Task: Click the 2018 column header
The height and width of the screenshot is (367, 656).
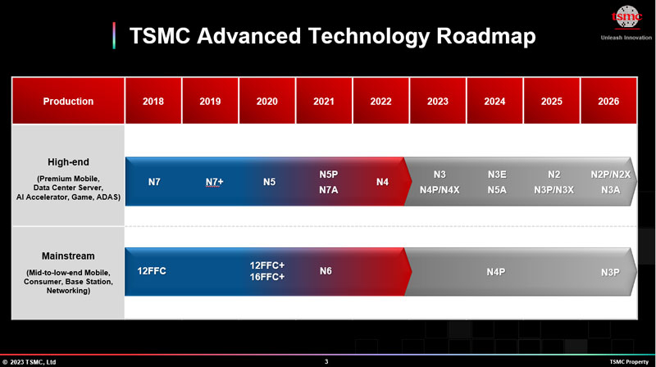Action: pyautogui.click(x=153, y=102)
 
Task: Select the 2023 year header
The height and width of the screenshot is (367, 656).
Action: pyautogui.click(x=438, y=102)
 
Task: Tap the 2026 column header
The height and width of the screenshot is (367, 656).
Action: pyautogui.click(x=608, y=102)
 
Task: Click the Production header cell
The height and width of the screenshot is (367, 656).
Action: pyautogui.click(x=68, y=102)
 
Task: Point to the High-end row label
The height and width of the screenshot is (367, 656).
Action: pyautogui.click(x=68, y=161)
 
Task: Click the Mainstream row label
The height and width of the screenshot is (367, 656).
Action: pyautogui.click(x=68, y=255)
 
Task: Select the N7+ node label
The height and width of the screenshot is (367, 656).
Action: pyautogui.click(x=214, y=182)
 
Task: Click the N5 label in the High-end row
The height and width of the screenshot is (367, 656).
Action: pyautogui.click(x=269, y=182)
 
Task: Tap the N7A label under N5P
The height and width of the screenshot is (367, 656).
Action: pyautogui.click(x=328, y=189)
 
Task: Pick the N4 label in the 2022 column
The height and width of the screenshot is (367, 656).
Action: pyautogui.click(x=382, y=182)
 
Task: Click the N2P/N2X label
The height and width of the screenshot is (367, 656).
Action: pyautogui.click(x=610, y=174)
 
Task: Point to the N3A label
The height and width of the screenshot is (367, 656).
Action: pyautogui.click(x=610, y=189)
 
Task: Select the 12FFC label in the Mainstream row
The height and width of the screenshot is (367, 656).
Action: pyautogui.click(x=152, y=270)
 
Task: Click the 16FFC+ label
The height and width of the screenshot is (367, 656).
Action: pyautogui.click(x=267, y=277)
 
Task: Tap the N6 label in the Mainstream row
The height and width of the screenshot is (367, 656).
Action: pyautogui.click(x=326, y=270)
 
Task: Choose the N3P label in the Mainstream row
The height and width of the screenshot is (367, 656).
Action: pyautogui.click(x=610, y=271)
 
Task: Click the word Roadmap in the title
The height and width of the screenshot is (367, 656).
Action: pyautogui.click(x=486, y=36)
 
